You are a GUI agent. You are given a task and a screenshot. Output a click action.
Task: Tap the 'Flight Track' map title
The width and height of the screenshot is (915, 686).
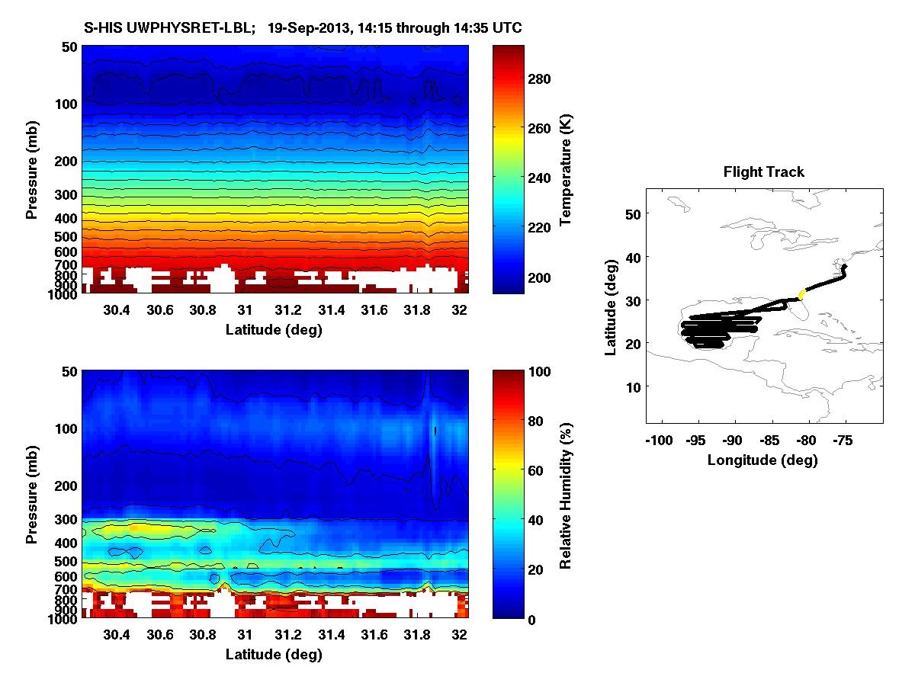(x=763, y=172)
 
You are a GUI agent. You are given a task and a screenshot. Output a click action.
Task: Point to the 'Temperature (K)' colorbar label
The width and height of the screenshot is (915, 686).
(x=565, y=169)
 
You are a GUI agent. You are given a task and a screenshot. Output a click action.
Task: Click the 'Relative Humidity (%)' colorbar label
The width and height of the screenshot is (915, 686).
(x=565, y=495)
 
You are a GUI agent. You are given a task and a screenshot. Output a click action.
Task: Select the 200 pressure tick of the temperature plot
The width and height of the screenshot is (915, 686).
(x=66, y=162)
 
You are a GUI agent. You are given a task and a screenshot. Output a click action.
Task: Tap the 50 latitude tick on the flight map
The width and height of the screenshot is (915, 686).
(x=632, y=215)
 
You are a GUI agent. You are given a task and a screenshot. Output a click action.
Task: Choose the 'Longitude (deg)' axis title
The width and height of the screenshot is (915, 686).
(x=762, y=460)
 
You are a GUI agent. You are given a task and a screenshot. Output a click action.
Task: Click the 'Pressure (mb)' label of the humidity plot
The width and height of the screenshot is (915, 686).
(x=32, y=495)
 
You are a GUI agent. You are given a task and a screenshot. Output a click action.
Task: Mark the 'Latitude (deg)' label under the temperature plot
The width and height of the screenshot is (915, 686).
(x=274, y=329)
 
